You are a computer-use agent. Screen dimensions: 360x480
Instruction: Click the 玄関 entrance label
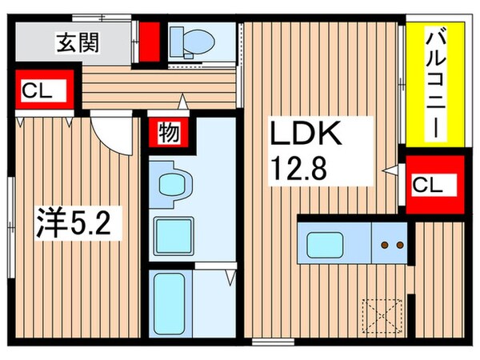pos(78,42)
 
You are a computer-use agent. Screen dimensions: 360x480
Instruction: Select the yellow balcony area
pos(435,82)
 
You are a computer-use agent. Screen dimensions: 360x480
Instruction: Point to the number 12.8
pos(300,168)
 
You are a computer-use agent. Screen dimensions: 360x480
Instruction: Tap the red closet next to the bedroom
pos(45,91)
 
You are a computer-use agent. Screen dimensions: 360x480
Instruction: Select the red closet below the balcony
pos(436,185)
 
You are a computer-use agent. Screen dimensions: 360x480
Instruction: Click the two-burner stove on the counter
pos(390,243)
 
